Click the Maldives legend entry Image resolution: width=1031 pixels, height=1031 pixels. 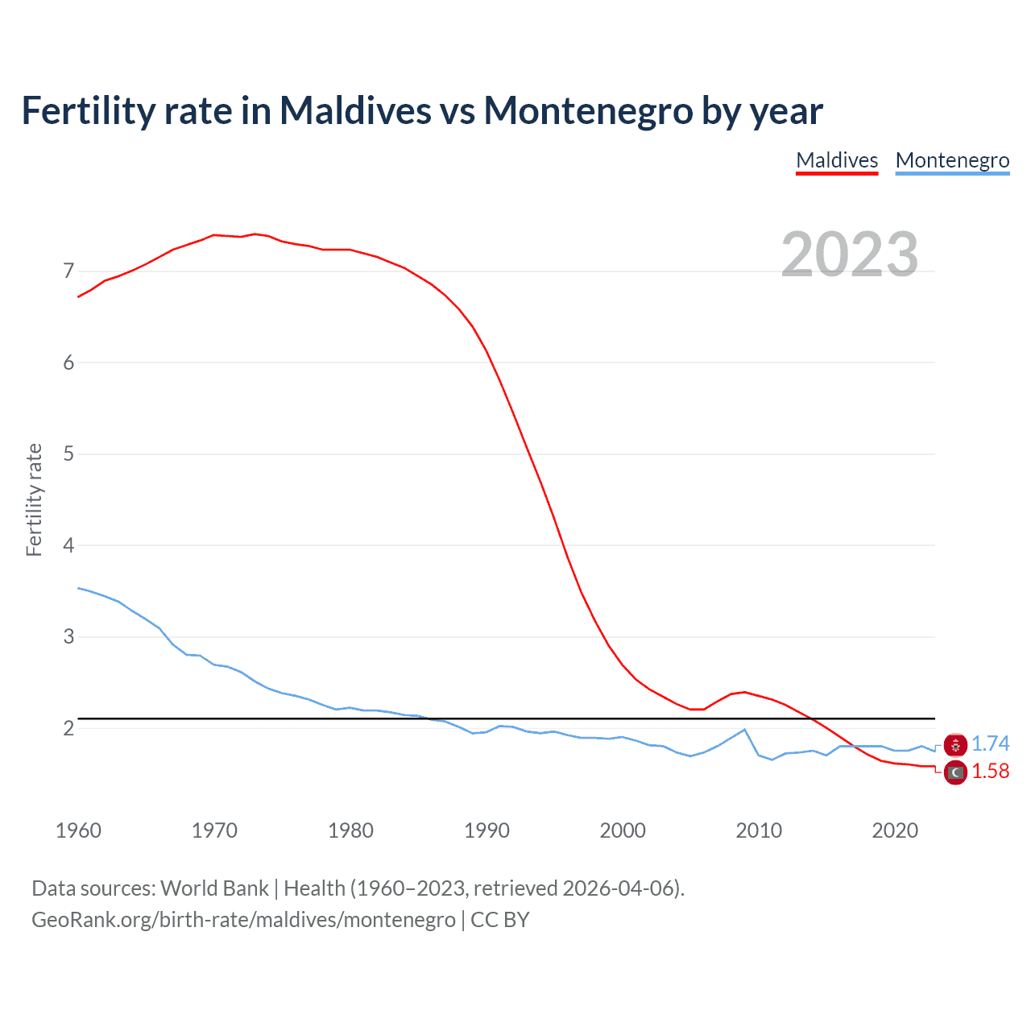tap(837, 160)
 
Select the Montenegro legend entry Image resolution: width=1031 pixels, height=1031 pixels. tap(952, 160)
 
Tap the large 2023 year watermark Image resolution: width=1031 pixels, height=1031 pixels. tap(850, 255)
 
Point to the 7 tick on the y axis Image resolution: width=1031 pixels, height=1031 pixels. tap(68, 271)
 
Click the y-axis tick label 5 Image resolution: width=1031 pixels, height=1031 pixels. tap(68, 454)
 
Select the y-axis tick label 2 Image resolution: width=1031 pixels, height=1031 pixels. tap(68, 729)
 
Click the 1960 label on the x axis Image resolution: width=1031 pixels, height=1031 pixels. tap(78, 830)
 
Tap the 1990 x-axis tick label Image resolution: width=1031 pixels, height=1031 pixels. tap(487, 830)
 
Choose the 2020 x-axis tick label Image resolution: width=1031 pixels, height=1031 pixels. tap(895, 830)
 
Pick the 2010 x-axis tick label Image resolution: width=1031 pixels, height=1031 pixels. tap(759, 830)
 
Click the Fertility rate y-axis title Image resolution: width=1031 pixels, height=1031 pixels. tap(34, 499)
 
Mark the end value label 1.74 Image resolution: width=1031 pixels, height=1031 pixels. tap(990, 744)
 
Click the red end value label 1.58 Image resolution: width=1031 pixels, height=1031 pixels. tap(990, 772)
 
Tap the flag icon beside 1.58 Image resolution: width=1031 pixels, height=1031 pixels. tap(955, 772)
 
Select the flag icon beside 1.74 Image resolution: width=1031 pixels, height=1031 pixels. tap(955, 745)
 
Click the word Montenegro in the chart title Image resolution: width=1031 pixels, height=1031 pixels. tap(588, 110)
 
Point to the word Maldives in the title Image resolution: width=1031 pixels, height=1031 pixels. tap(355, 110)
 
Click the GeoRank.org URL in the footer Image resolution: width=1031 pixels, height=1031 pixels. tap(243, 920)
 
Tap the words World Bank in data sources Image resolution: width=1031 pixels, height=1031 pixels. tap(214, 888)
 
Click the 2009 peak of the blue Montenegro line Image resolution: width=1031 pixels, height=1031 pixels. tap(744, 730)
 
